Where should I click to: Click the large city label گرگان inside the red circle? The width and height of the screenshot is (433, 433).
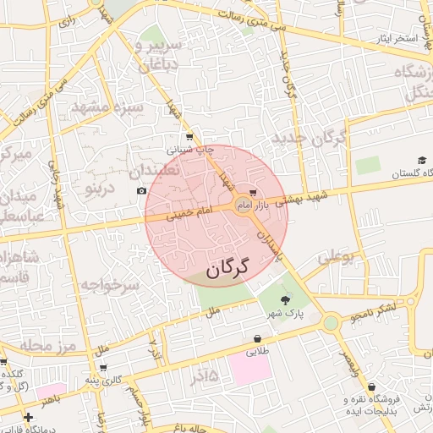pyautogui.click(x=227, y=268)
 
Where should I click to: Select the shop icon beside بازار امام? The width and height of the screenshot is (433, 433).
pyautogui.click(x=253, y=194)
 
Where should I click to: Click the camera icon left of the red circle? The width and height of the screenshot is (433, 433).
pyautogui.click(x=141, y=191)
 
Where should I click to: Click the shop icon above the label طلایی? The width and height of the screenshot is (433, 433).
pyautogui.click(x=256, y=339)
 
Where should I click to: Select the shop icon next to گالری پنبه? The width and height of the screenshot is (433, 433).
pyautogui.click(x=103, y=368)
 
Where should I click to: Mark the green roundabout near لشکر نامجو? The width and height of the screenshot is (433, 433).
pyautogui.click(x=331, y=322)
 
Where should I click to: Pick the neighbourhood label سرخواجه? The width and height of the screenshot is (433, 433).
pyautogui.click(x=109, y=286)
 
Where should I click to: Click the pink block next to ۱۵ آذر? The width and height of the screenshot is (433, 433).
pyautogui.click(x=249, y=370)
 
